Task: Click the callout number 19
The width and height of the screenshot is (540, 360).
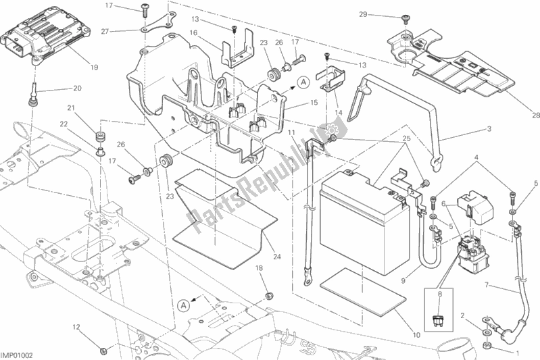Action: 93,67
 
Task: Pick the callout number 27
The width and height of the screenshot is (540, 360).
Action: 105,31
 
